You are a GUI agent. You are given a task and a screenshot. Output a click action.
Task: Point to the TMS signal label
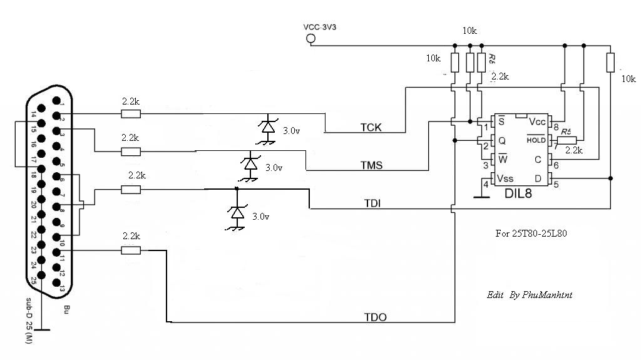(x=371, y=166)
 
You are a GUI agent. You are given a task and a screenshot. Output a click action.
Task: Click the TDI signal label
(x=374, y=204)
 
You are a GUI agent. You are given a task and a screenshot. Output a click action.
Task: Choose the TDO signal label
(x=375, y=317)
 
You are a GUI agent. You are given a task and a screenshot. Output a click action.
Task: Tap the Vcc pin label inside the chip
(x=538, y=121)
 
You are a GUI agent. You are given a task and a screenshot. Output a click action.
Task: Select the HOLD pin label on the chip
(x=536, y=140)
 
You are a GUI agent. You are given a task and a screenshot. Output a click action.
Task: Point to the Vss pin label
(x=505, y=179)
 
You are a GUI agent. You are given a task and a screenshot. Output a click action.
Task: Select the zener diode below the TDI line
(x=237, y=213)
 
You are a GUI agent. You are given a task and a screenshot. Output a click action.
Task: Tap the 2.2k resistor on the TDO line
(x=131, y=251)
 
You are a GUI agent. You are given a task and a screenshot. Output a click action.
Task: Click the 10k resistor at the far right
(x=610, y=62)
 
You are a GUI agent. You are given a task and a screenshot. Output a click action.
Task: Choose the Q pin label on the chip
(x=501, y=140)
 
